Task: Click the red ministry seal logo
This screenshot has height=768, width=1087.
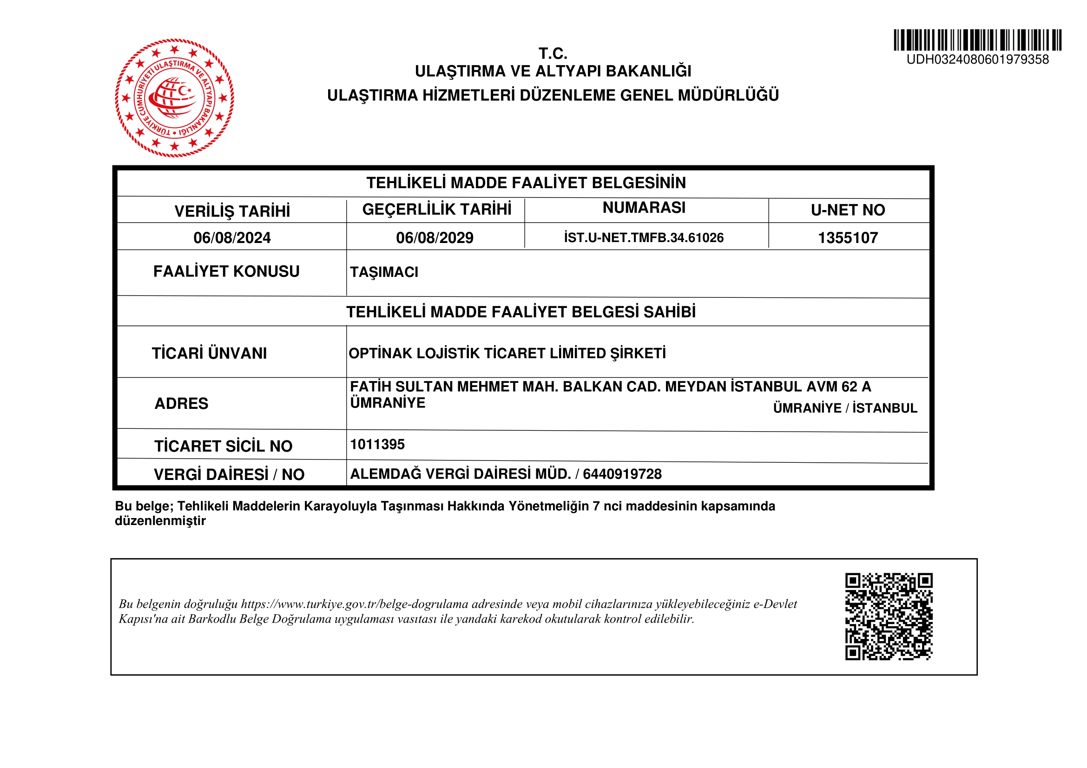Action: tap(174, 98)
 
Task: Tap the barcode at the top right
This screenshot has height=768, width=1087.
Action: tap(977, 40)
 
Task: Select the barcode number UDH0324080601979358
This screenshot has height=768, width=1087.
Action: tap(977, 59)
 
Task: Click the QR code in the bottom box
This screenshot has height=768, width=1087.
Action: tap(889, 616)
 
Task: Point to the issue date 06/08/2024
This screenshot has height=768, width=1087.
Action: tap(232, 237)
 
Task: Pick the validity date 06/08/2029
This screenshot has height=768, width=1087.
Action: tap(435, 237)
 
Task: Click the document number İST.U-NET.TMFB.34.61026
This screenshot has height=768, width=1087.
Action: tap(644, 237)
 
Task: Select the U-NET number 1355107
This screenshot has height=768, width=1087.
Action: tap(848, 237)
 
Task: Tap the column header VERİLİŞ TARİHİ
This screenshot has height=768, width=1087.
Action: tap(232, 211)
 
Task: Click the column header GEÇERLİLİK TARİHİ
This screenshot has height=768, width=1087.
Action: tap(436, 209)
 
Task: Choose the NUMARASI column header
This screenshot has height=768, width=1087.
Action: tap(644, 207)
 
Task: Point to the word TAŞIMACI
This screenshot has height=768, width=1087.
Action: tap(384, 272)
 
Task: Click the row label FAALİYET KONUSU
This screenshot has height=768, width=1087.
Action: tap(226, 272)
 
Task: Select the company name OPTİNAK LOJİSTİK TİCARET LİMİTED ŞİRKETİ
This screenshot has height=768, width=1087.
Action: tap(507, 354)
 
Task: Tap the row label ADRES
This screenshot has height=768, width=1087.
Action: tap(181, 404)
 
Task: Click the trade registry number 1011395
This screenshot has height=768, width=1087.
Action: tap(377, 444)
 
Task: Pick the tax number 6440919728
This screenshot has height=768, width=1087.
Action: tap(622, 474)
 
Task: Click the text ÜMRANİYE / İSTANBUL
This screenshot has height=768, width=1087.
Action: tap(845, 408)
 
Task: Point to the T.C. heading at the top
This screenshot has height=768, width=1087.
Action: tap(553, 53)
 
